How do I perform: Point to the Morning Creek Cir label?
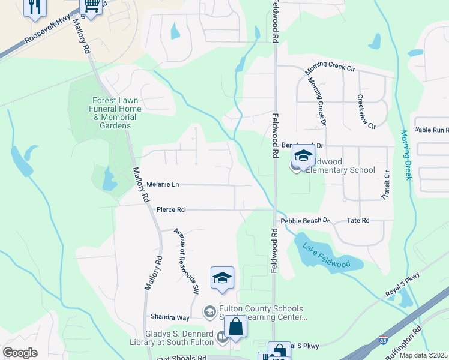click(x=330, y=67)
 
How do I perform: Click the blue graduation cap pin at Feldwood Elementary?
click(x=304, y=157)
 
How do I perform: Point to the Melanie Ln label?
click(x=163, y=185)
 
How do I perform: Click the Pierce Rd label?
click(x=170, y=210)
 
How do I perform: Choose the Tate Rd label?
click(x=358, y=221)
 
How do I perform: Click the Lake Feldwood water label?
click(x=326, y=255)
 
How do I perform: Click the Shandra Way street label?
click(x=170, y=317)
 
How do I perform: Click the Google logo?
click(x=20, y=352)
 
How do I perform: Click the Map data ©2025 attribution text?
click(x=423, y=355)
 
